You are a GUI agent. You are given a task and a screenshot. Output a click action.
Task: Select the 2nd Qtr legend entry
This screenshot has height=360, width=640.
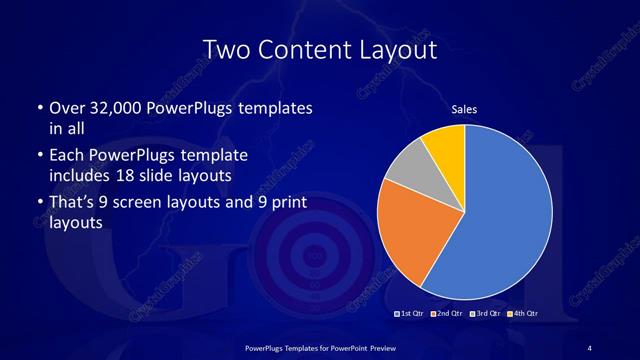[x=447, y=315]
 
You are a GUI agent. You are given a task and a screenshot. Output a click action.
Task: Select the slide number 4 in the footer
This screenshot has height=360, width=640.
[x=590, y=346]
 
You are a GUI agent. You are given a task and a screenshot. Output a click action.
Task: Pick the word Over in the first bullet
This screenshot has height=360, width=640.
[x=66, y=107]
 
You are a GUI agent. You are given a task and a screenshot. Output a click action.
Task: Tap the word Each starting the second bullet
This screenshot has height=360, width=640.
[x=66, y=157]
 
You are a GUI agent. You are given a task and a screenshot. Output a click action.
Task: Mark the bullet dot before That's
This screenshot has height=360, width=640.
[x=38, y=204]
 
